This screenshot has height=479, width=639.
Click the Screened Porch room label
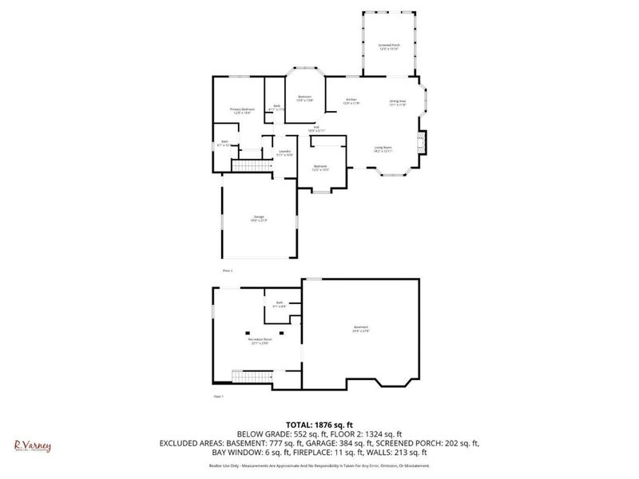(x=389, y=47)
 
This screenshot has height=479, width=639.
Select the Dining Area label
(x=397, y=102)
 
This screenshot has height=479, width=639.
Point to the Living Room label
(x=383, y=148)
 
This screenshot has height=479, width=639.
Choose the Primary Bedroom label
(x=242, y=110)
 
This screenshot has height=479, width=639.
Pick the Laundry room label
(x=284, y=152)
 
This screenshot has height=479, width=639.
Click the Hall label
(x=316, y=129)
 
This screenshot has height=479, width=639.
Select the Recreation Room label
(x=260, y=341)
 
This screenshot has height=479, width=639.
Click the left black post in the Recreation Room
(x=248, y=332)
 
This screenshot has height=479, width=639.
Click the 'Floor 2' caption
(x=228, y=271)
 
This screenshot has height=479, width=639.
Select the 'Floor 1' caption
(x=218, y=397)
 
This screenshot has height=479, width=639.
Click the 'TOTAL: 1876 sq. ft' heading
(x=319, y=423)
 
